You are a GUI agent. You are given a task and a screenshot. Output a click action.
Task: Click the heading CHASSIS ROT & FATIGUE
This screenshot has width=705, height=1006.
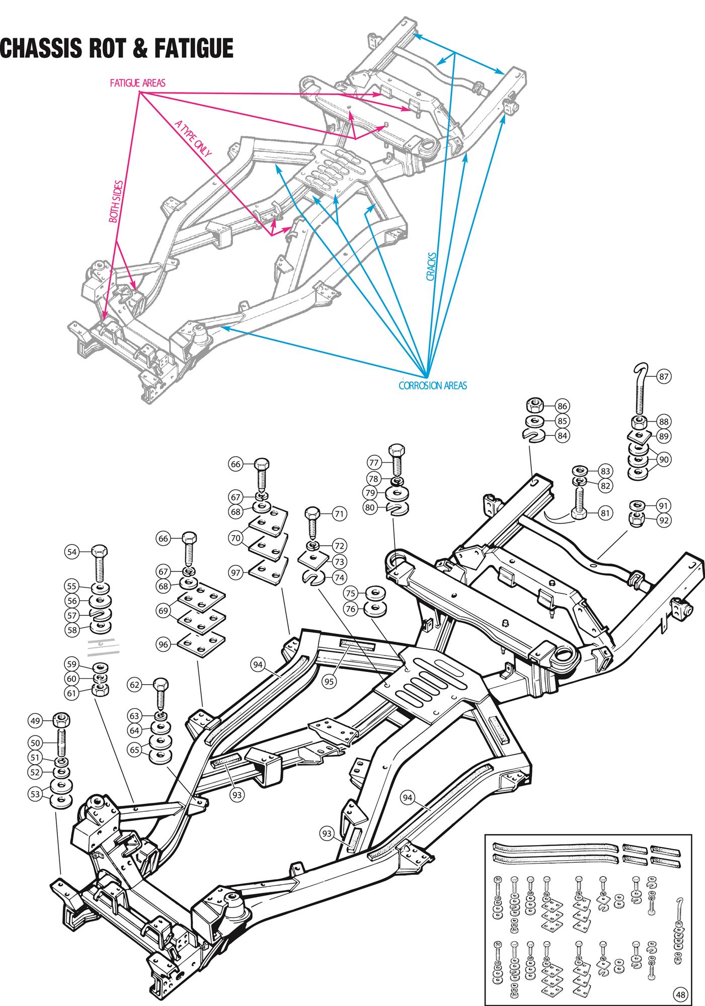coord(117,48)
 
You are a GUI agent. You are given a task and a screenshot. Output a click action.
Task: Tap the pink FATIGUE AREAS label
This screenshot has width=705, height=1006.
coord(137,83)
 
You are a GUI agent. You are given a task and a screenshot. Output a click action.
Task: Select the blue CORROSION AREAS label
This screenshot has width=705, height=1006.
coord(433,386)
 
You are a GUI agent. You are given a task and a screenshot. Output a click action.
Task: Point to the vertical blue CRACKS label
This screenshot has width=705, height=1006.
coord(431,266)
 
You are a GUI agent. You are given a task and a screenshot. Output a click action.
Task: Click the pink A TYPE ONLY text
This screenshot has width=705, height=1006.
coord(193,139)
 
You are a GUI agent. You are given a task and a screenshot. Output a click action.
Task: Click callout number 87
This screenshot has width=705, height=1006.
coord(664,376)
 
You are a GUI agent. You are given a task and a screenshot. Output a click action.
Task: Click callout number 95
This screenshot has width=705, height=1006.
coord(329,682)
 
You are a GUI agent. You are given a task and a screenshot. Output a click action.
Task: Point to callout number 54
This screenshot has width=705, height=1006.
coord(72,552)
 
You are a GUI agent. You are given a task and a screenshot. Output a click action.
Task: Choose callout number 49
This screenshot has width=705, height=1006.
coord(35,721)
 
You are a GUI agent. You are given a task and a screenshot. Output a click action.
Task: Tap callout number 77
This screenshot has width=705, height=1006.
coord(373,462)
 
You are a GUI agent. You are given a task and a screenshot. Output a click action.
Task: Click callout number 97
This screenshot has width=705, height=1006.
coord(235,572)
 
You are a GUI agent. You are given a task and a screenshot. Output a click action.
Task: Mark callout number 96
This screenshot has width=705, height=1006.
coord(163,644)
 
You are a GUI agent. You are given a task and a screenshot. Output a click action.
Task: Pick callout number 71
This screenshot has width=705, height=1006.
coord(339,514)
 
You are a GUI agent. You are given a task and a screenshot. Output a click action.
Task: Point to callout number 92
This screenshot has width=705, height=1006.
coord(664,520)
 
